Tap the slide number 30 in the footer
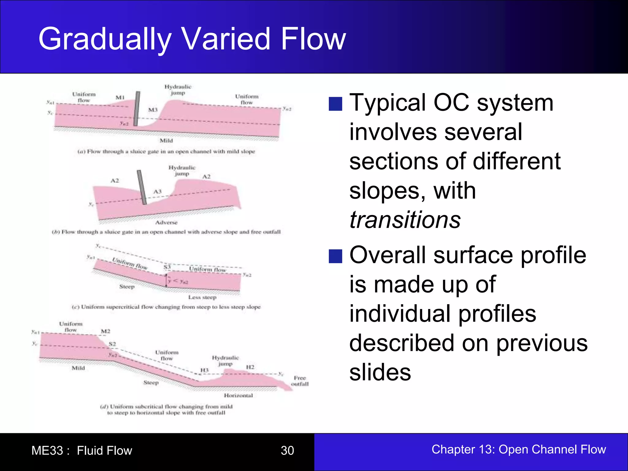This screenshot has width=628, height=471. click(287, 450)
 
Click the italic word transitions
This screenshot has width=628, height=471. click(405, 220)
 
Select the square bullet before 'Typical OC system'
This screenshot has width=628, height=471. click(335, 104)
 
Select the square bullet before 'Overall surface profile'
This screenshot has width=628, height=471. click(335, 256)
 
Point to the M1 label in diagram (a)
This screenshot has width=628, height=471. click(120, 98)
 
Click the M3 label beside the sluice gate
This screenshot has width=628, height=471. click(153, 110)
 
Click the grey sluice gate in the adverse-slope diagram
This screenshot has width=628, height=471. click(142, 187)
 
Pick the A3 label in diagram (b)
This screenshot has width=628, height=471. click(157, 192)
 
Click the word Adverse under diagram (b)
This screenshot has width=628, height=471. click(166, 222)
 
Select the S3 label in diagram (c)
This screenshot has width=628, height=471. click(167, 267)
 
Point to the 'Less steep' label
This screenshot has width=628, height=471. click(202, 297)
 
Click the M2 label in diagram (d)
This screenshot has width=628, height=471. click(105, 331)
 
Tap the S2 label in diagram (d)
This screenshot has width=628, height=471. click(113, 344)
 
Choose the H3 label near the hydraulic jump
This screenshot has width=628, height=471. click(204, 370)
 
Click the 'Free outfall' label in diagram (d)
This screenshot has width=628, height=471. click(300, 381)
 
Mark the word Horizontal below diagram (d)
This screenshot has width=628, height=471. click(238, 396)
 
